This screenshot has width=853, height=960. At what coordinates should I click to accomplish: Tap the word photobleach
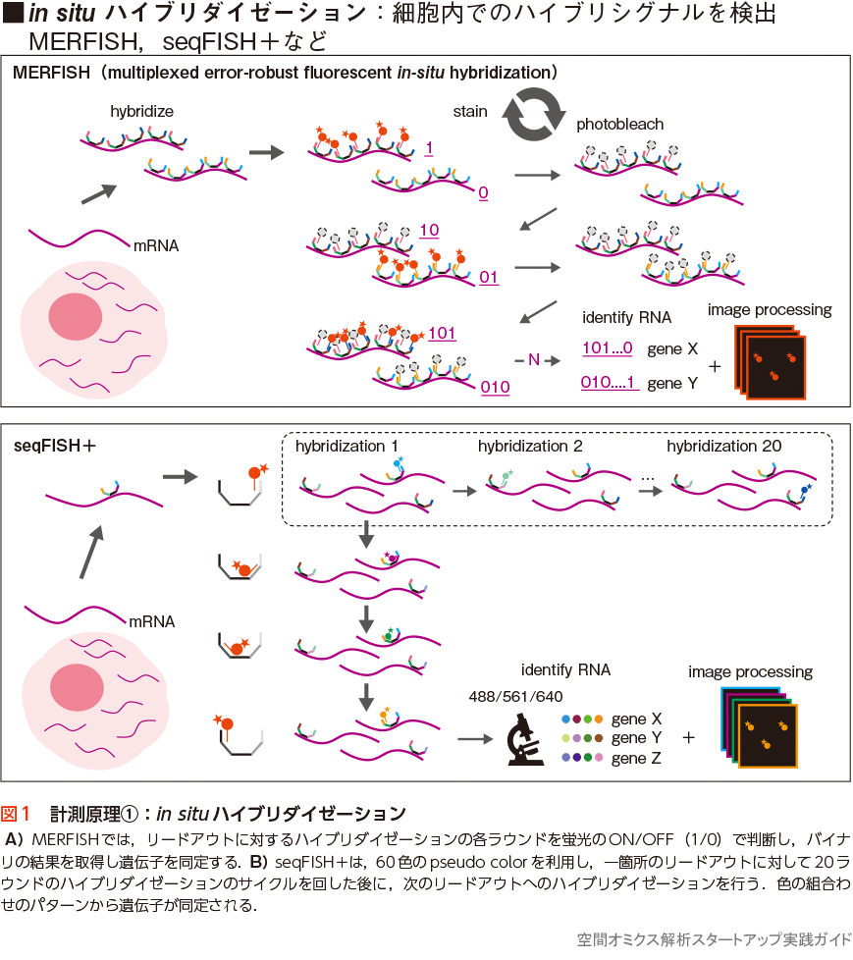click(x=619, y=125)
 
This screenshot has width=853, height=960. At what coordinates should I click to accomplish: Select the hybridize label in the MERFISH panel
click(x=141, y=111)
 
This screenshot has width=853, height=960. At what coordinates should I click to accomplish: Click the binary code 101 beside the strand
click(x=442, y=333)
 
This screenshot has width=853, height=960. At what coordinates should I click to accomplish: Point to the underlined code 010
click(x=495, y=387)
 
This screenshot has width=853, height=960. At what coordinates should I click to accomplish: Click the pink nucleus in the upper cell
click(x=76, y=317)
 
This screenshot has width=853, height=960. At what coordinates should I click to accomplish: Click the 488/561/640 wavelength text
click(x=516, y=696)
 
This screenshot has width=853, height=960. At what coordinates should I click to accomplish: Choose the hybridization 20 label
click(x=724, y=447)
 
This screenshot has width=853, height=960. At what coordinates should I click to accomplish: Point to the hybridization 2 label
click(x=530, y=447)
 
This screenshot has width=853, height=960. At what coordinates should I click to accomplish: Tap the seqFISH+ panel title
click(x=55, y=445)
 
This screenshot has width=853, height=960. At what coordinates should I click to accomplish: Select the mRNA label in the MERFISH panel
click(x=156, y=245)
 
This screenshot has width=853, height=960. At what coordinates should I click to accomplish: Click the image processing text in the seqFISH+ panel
click(x=750, y=672)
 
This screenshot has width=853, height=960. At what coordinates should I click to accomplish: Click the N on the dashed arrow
click(x=534, y=360)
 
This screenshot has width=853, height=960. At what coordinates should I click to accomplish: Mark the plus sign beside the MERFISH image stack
click(x=714, y=366)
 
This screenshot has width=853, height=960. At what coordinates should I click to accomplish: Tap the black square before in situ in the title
click(x=14, y=15)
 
